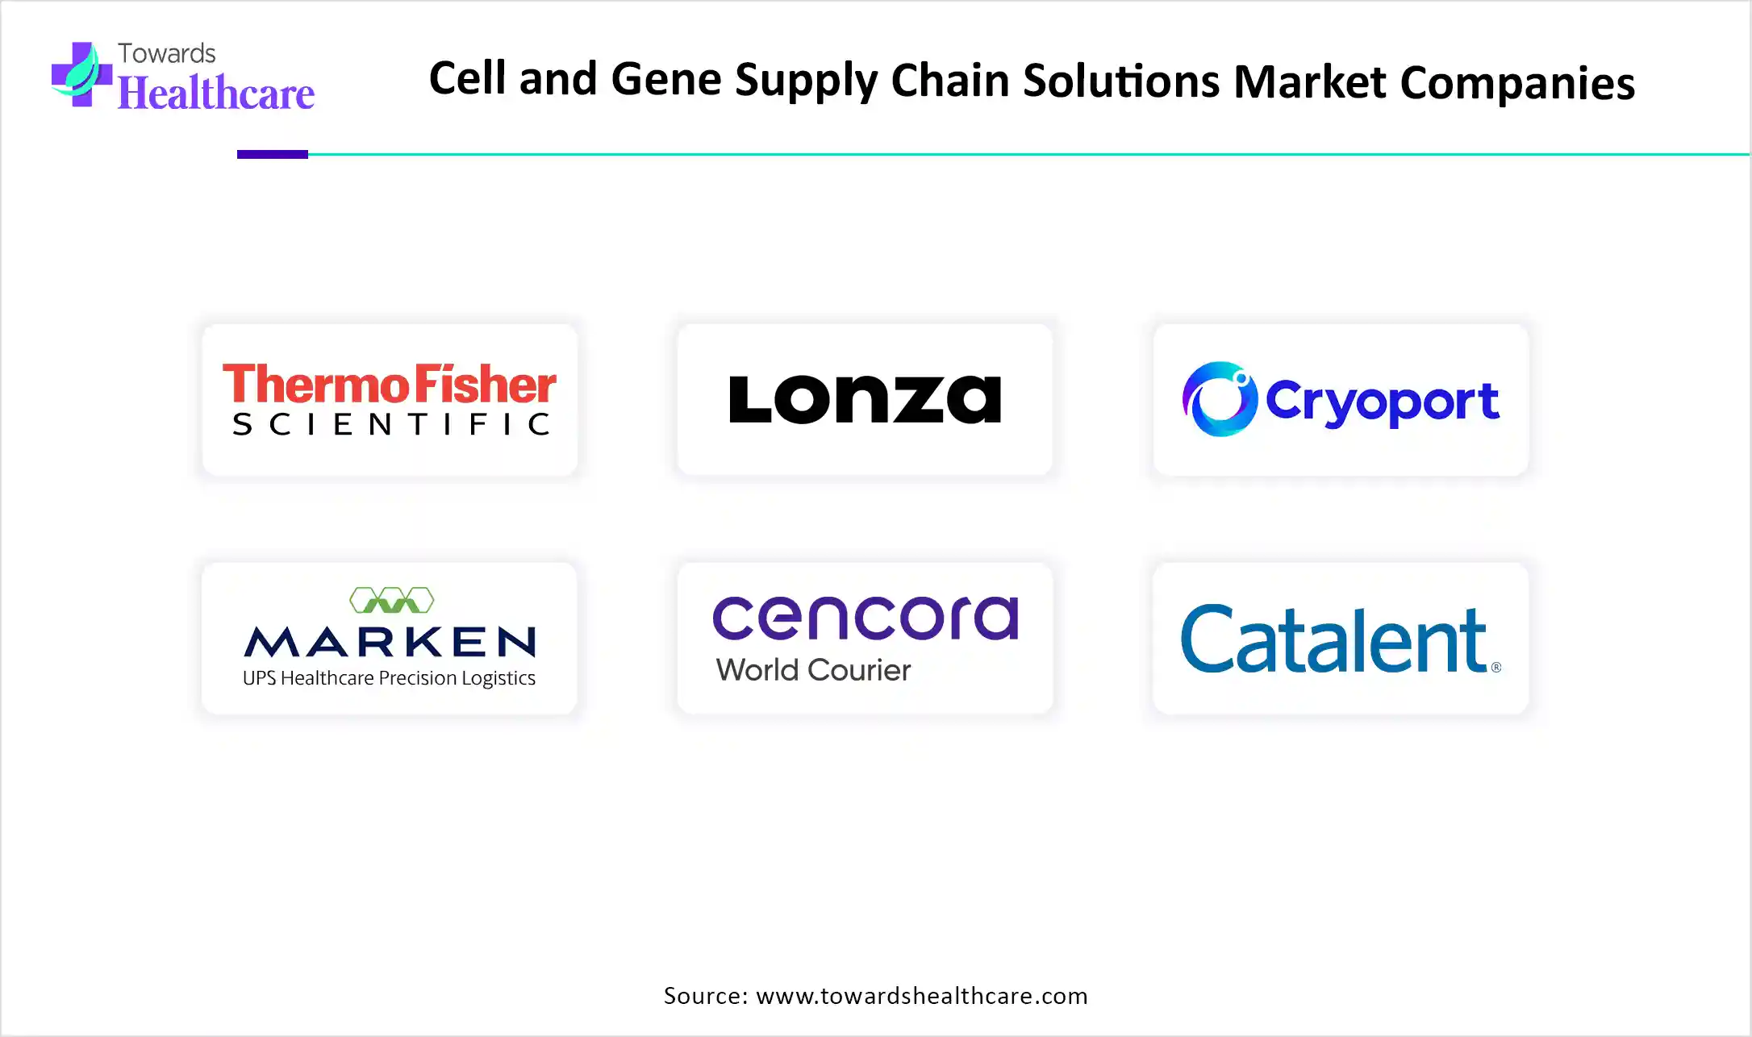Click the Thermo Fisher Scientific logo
[390, 400]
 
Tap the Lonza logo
[865, 399]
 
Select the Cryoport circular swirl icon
[1220, 399]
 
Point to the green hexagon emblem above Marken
[392, 600]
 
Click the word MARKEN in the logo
[390, 642]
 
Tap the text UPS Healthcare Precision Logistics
[389, 678]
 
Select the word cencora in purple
[866, 618]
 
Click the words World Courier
[813, 670]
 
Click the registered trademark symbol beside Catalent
[1496, 667]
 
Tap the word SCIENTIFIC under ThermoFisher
[391, 424]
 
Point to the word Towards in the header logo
[167, 53]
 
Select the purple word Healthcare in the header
[216, 93]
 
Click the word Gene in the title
[665, 80]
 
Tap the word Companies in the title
[1517, 83]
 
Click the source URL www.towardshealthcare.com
[922, 996]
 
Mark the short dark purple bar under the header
[273, 154]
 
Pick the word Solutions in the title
[1121, 81]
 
